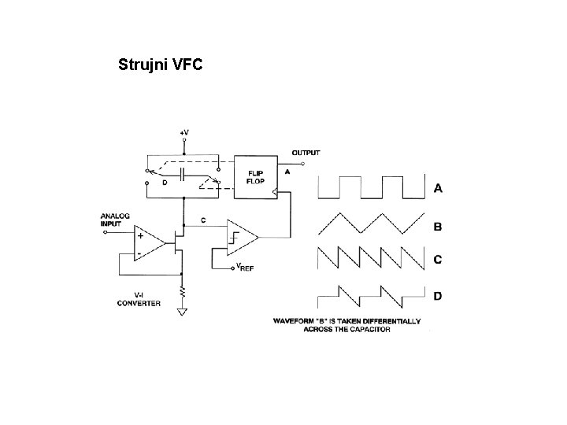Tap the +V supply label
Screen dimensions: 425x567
(x=184, y=133)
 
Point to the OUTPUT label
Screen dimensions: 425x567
(x=306, y=152)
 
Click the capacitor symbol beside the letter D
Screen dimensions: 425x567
(x=182, y=173)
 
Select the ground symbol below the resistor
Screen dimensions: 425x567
(x=183, y=311)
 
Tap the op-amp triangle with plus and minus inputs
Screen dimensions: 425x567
(x=150, y=244)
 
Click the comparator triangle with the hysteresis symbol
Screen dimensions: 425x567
(x=241, y=237)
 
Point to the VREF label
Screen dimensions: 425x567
(x=246, y=268)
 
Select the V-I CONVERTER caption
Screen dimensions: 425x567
(x=139, y=299)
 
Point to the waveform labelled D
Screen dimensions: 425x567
(x=370, y=295)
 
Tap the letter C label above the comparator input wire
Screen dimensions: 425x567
(x=204, y=220)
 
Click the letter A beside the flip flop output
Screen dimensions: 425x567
(x=287, y=171)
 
